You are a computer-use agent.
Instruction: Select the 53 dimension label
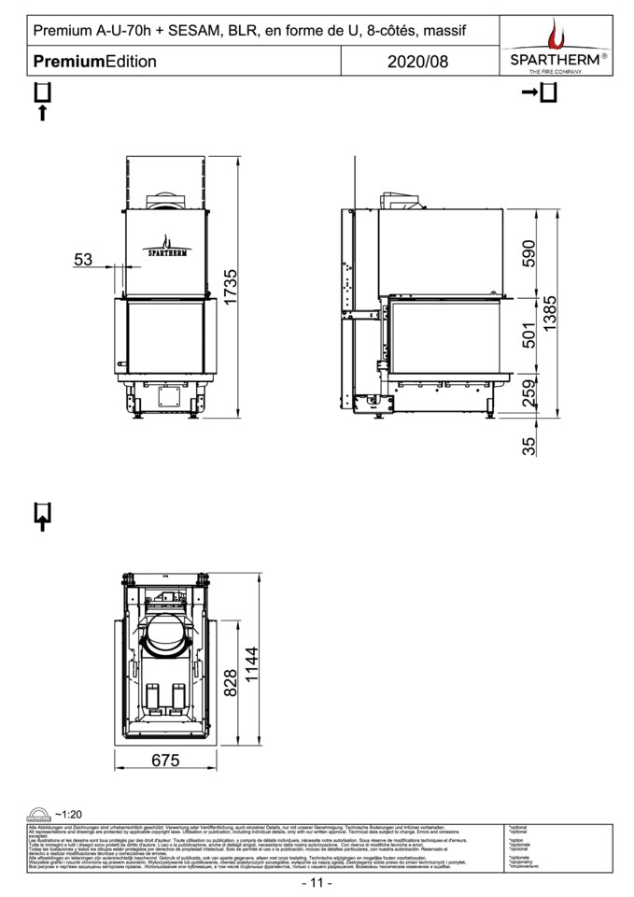tap(84, 261)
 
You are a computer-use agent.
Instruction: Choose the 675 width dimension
tap(164, 761)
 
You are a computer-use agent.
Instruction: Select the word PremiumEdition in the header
tap(94, 62)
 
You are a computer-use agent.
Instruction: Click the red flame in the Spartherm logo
tap(557, 36)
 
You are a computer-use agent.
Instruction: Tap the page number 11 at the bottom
tap(317, 883)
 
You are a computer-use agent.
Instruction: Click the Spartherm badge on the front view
tap(166, 248)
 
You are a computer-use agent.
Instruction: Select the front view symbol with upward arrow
tap(42, 102)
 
